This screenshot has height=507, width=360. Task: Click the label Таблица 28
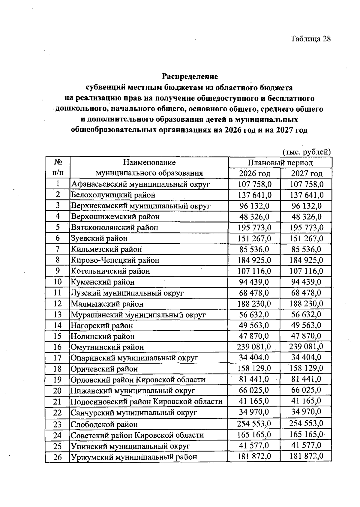tap(310, 39)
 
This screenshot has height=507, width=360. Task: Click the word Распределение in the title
tap(190, 76)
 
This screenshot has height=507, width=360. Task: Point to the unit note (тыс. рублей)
tap(307, 152)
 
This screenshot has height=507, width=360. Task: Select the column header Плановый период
tap(280, 163)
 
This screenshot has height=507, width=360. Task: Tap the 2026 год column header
tap(254, 173)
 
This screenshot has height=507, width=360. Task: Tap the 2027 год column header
tap(306, 173)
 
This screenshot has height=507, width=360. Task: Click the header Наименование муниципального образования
tap(149, 168)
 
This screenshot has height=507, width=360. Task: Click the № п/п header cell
tap(58, 168)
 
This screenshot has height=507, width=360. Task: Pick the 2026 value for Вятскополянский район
tap(254, 227)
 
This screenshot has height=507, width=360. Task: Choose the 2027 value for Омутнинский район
tap(306, 347)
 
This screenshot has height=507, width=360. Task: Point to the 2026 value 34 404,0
tap(254, 358)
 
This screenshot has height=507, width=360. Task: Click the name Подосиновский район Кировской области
tap(146, 401)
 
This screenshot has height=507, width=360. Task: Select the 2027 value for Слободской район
tap(306, 424)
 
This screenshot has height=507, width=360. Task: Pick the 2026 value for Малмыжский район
tap(254, 304)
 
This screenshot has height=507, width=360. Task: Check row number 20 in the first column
tap(57, 391)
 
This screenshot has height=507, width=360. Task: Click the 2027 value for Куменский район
tap(306, 282)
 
